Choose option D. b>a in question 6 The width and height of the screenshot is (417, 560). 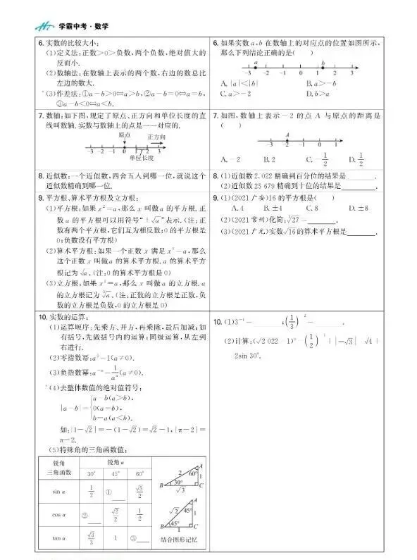(318, 93)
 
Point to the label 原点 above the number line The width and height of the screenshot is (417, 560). (125, 134)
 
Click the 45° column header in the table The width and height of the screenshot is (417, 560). (113, 473)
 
